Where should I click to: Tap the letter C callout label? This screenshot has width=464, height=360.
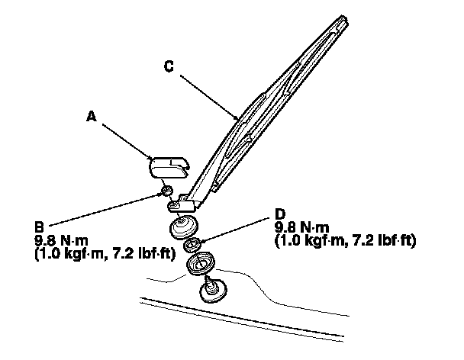(x=169, y=66)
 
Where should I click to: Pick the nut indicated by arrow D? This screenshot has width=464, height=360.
(x=195, y=244)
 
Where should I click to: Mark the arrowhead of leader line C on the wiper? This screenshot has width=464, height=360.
(x=237, y=117)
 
